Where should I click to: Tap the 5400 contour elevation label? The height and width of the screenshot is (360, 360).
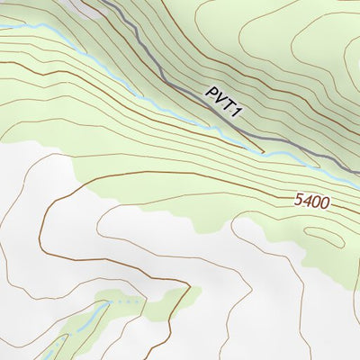(310, 202)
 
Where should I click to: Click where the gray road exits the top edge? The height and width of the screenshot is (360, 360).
(101, 2)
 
